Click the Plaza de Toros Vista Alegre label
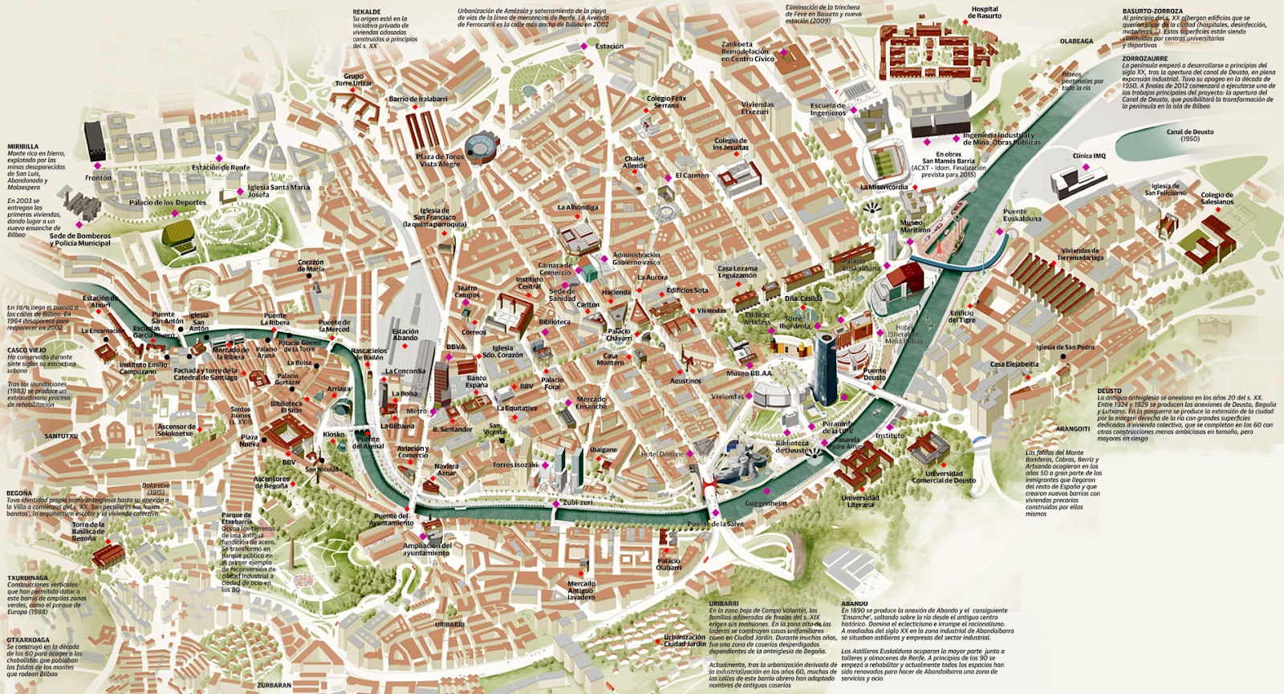click(x=440, y=160)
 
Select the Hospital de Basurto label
click(x=985, y=13)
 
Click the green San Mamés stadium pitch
click(x=884, y=163)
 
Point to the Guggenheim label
click(x=766, y=503)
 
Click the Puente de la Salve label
click(x=715, y=524)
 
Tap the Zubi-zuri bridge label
click(x=577, y=502)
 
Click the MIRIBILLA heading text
click(x=23, y=147)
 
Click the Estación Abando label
click(x=405, y=335)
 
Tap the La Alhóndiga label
click(x=578, y=207)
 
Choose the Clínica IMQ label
click(x=1089, y=156)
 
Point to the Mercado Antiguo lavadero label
click(x=581, y=591)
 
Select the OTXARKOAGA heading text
click(x=28, y=640)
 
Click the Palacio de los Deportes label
click(x=168, y=203)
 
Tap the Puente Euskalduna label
click(x=1022, y=214)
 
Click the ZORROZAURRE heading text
click(x=1144, y=59)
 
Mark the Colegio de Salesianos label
click(x=1217, y=198)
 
